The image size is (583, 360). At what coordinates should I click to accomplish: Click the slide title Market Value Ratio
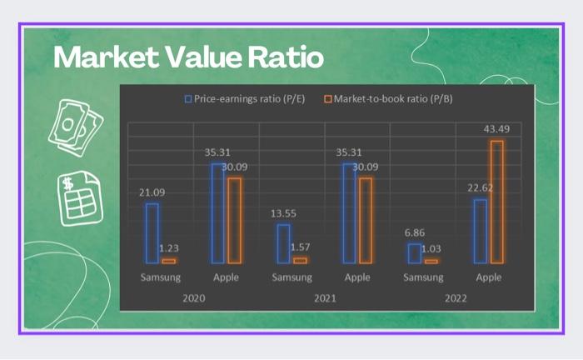pyautogui.click(x=188, y=58)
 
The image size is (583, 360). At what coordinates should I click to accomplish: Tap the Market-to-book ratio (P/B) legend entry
pyautogui.click(x=387, y=99)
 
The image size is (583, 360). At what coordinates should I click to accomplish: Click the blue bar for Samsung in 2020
pyautogui.click(x=152, y=233)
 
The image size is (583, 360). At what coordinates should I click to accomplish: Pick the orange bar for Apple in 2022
pyautogui.click(x=497, y=202)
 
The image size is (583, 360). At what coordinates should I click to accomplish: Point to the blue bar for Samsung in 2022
pyautogui.click(x=414, y=253)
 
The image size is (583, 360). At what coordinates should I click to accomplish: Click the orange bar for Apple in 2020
pyautogui.click(x=234, y=221)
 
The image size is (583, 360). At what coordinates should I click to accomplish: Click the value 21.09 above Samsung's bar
pyautogui.click(x=152, y=192)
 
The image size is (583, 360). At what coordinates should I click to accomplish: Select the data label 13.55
pyautogui.click(x=283, y=213)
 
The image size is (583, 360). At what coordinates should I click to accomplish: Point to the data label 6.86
pyautogui.click(x=414, y=233)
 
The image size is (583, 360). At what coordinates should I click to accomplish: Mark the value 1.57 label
pyautogui.click(x=301, y=247)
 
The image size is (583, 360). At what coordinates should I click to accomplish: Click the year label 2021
pyautogui.click(x=325, y=297)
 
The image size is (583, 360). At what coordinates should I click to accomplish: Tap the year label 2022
pyautogui.click(x=456, y=297)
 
